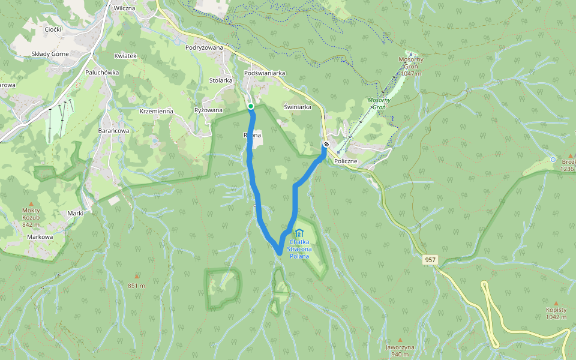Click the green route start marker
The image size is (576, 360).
[251, 106]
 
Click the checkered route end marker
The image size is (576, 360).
[326, 145]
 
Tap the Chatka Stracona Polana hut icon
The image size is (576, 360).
[299, 233]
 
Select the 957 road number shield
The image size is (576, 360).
[430, 260]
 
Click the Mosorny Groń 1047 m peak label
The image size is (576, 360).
[411, 66]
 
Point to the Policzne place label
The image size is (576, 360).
[346, 161]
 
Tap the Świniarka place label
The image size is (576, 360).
[297, 107]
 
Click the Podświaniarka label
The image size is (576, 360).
[265, 73]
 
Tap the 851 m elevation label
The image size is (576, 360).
[136, 286]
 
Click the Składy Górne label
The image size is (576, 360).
[50, 53]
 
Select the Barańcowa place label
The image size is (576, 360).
[113, 130]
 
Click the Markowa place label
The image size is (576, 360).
[40, 236]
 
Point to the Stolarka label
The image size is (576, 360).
[221, 80]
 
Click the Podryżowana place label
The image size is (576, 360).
[205, 47]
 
